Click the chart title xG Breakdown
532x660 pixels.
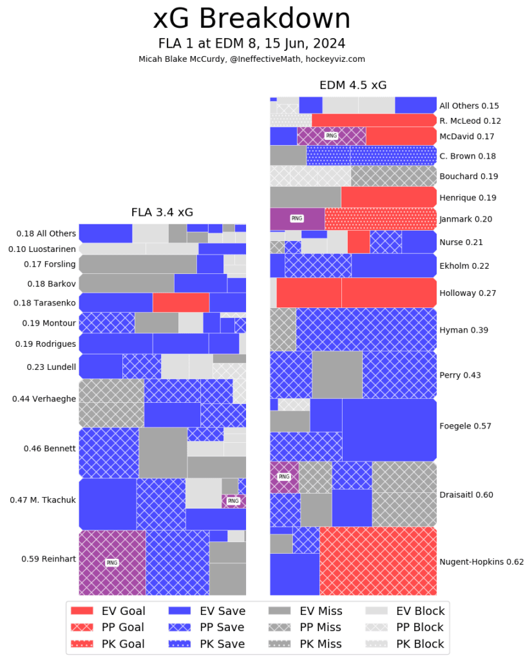coord(252,19)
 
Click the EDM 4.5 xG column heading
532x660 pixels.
coord(353,85)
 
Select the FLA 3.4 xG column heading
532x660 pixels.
coord(162,212)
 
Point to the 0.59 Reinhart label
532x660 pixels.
coord(50,559)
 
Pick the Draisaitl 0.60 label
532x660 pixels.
coord(466,494)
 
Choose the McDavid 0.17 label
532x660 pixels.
coord(466,136)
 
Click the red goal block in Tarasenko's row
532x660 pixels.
coord(180,302)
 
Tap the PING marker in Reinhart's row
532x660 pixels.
coord(112,563)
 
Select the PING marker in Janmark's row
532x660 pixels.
coord(296,218)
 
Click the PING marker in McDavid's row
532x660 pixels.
coord(331,136)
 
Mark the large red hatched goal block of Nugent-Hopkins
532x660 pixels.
coord(377,561)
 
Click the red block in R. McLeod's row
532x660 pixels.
coord(374,121)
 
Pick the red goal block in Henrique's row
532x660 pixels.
coord(388,197)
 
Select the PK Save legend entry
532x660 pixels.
coord(207,643)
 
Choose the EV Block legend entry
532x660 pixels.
coord(405,611)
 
